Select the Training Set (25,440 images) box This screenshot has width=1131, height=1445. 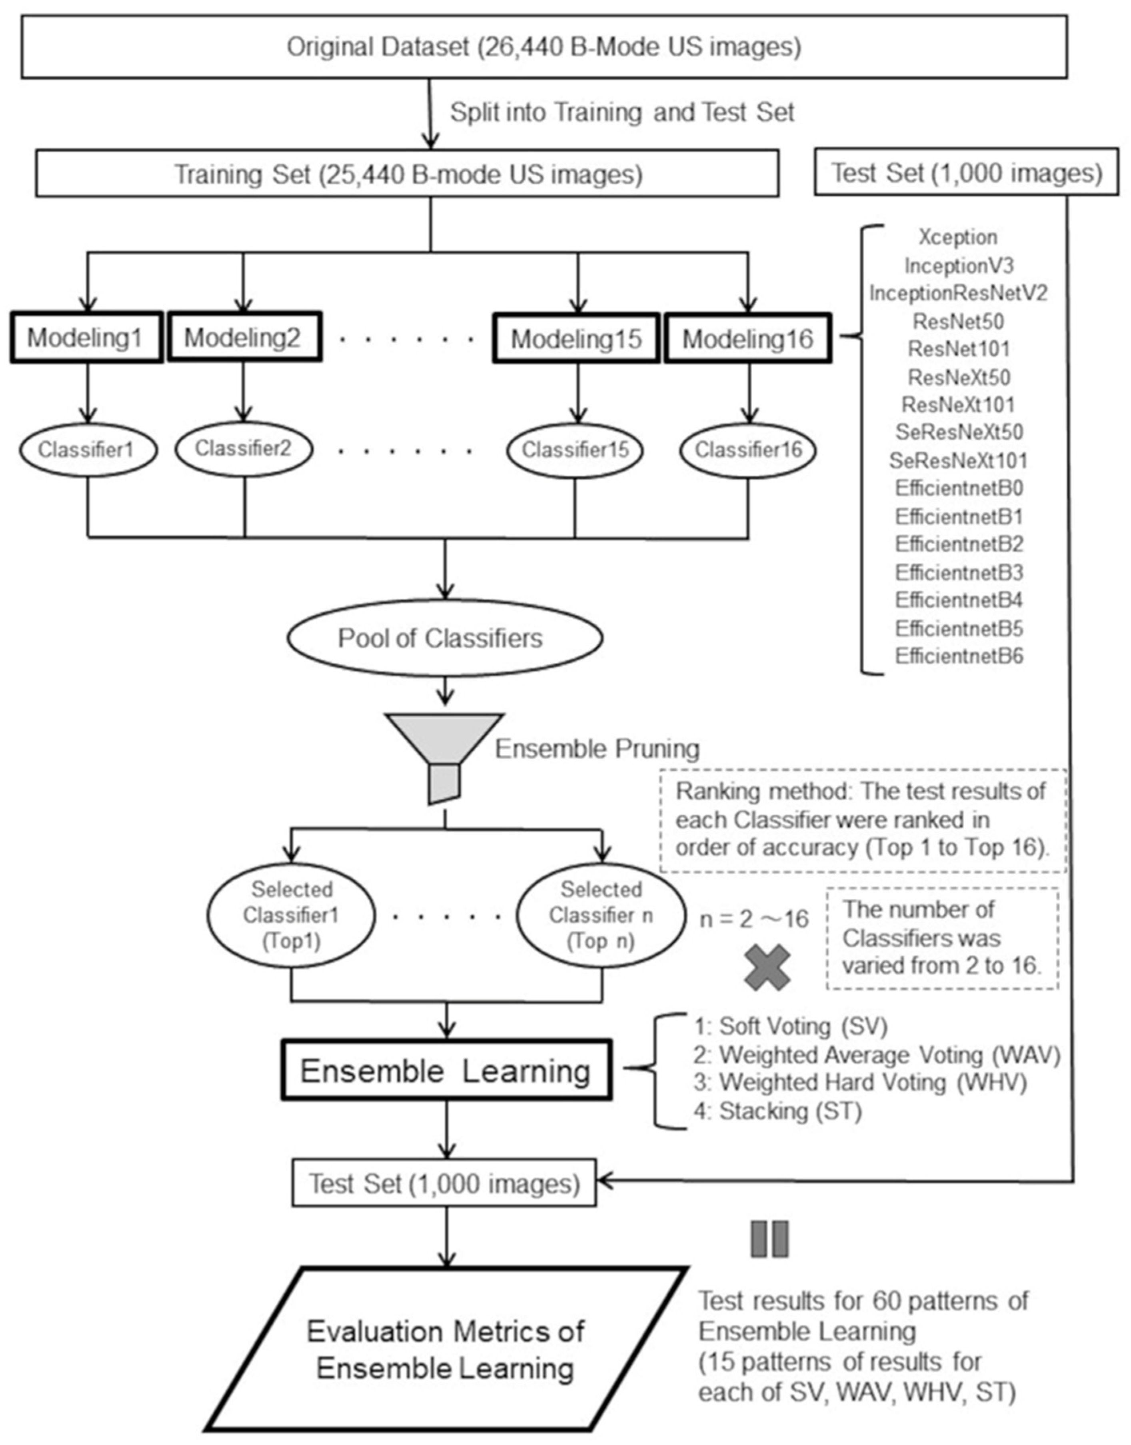407,174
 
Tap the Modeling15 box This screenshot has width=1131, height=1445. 575,338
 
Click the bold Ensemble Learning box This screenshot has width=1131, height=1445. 446,1071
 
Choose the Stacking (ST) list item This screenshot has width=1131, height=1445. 790,1111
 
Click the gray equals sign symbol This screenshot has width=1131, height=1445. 769,1239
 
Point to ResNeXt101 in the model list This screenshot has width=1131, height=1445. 957,405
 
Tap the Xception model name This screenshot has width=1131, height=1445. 957,237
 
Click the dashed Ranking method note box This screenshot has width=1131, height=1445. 862,820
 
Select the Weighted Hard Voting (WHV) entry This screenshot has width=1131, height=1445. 872,1082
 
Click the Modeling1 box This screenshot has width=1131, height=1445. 86,338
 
